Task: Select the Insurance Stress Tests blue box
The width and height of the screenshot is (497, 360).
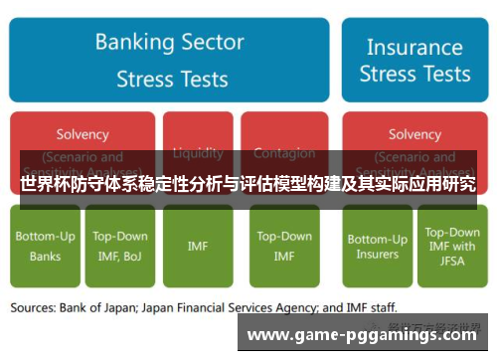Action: [x=414, y=60]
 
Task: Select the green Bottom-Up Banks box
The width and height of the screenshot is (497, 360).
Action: [x=45, y=246]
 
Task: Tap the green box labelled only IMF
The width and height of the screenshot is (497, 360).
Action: [x=198, y=246]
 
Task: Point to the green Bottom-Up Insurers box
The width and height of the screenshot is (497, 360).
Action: [x=377, y=246]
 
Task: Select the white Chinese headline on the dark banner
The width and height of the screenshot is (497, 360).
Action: [x=248, y=184]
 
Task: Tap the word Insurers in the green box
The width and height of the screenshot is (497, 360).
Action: [x=377, y=255]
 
